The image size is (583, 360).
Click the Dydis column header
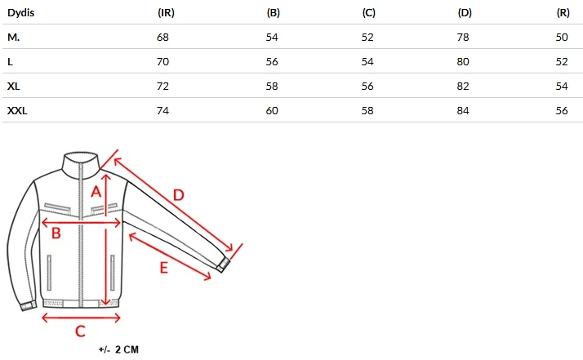pos(21,12)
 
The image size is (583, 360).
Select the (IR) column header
pos(166,12)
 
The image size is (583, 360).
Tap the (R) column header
pos(563,12)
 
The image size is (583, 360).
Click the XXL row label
pos(17,110)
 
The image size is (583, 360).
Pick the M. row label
pos(13,38)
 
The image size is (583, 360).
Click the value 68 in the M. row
pos(162,38)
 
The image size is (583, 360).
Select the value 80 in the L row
pos(463,62)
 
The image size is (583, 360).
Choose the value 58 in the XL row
pos(272,87)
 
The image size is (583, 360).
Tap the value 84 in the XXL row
pos(463,110)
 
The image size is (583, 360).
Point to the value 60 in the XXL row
pos(272,110)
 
